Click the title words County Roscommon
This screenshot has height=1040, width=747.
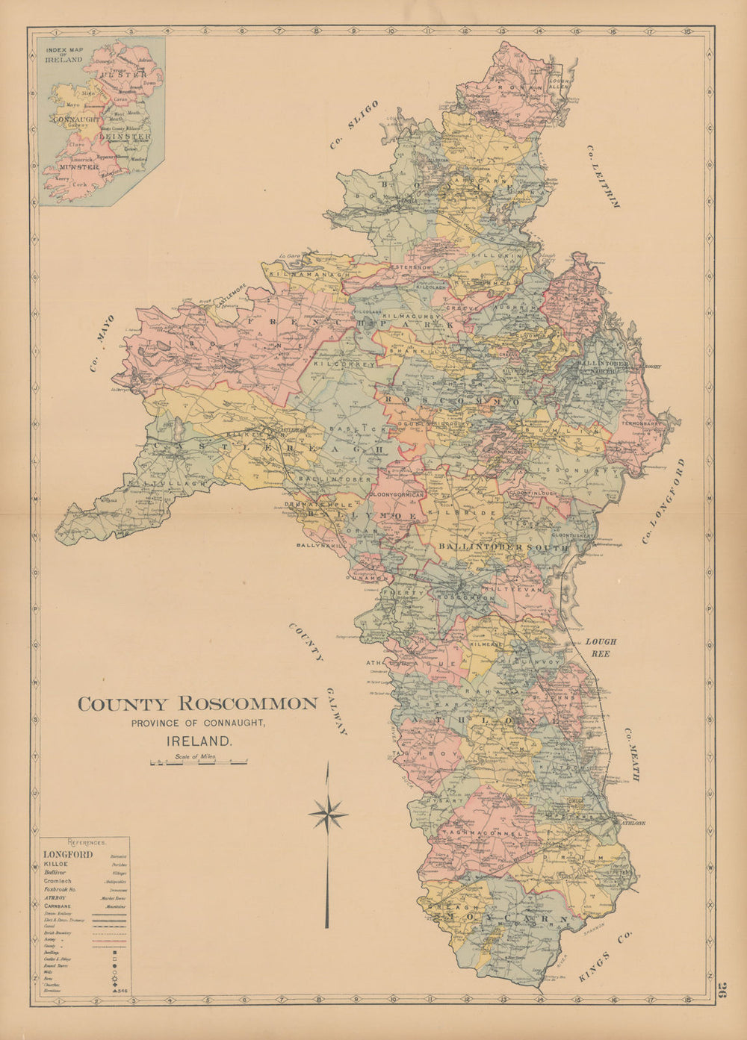click(198, 704)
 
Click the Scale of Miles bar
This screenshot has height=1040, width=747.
click(199, 763)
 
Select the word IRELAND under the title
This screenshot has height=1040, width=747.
click(198, 742)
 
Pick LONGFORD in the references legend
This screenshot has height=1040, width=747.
click(68, 854)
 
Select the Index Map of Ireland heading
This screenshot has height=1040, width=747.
click(63, 55)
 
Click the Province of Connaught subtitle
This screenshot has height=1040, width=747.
click(198, 723)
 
